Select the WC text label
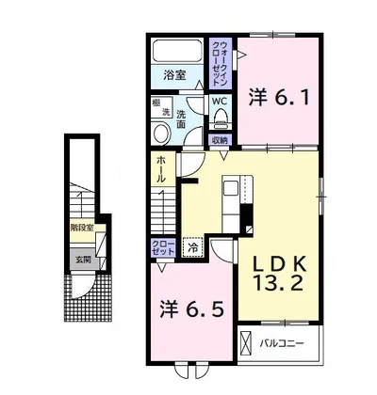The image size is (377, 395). coord(219,100)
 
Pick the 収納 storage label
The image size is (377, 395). coord(220,140)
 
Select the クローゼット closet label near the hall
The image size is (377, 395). coord(162,248)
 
